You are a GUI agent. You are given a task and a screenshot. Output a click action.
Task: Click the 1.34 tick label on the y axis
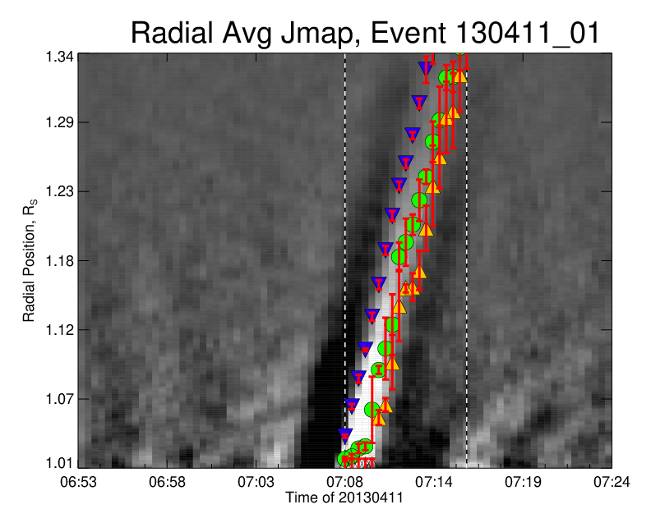coord(60,57)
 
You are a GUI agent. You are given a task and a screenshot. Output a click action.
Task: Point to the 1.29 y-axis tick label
coord(60,122)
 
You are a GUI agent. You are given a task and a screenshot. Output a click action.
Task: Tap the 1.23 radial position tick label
coord(60,191)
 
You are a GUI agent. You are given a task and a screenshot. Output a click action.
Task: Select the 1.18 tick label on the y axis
coord(60,261)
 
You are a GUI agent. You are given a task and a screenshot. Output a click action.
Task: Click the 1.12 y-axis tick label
coord(60,330)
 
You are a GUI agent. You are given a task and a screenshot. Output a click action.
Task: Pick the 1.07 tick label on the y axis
coord(60,399)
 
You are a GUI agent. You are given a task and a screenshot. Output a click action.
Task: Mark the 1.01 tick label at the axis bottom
coord(60,463)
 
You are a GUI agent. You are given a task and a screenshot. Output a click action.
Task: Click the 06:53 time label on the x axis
coord(78,482)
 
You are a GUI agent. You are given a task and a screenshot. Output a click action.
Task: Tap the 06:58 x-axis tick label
coord(168,482)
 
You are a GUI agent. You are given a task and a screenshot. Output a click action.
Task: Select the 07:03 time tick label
coord(256,482)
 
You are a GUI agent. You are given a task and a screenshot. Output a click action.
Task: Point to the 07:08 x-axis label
coord(345,482)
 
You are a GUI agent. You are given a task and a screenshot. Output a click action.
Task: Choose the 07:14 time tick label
coord(434,482)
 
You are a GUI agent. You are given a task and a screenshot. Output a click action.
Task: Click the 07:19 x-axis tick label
coord(523,482)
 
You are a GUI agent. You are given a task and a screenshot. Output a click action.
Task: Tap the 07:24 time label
coord(612,482)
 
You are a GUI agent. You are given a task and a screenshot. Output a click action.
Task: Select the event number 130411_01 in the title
coord(528,33)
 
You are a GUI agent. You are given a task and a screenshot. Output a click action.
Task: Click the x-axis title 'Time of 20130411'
coord(344,498)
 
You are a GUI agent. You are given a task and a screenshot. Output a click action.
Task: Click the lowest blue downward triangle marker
coord(345,436)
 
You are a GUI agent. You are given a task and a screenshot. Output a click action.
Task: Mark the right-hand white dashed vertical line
coord(467,260)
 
